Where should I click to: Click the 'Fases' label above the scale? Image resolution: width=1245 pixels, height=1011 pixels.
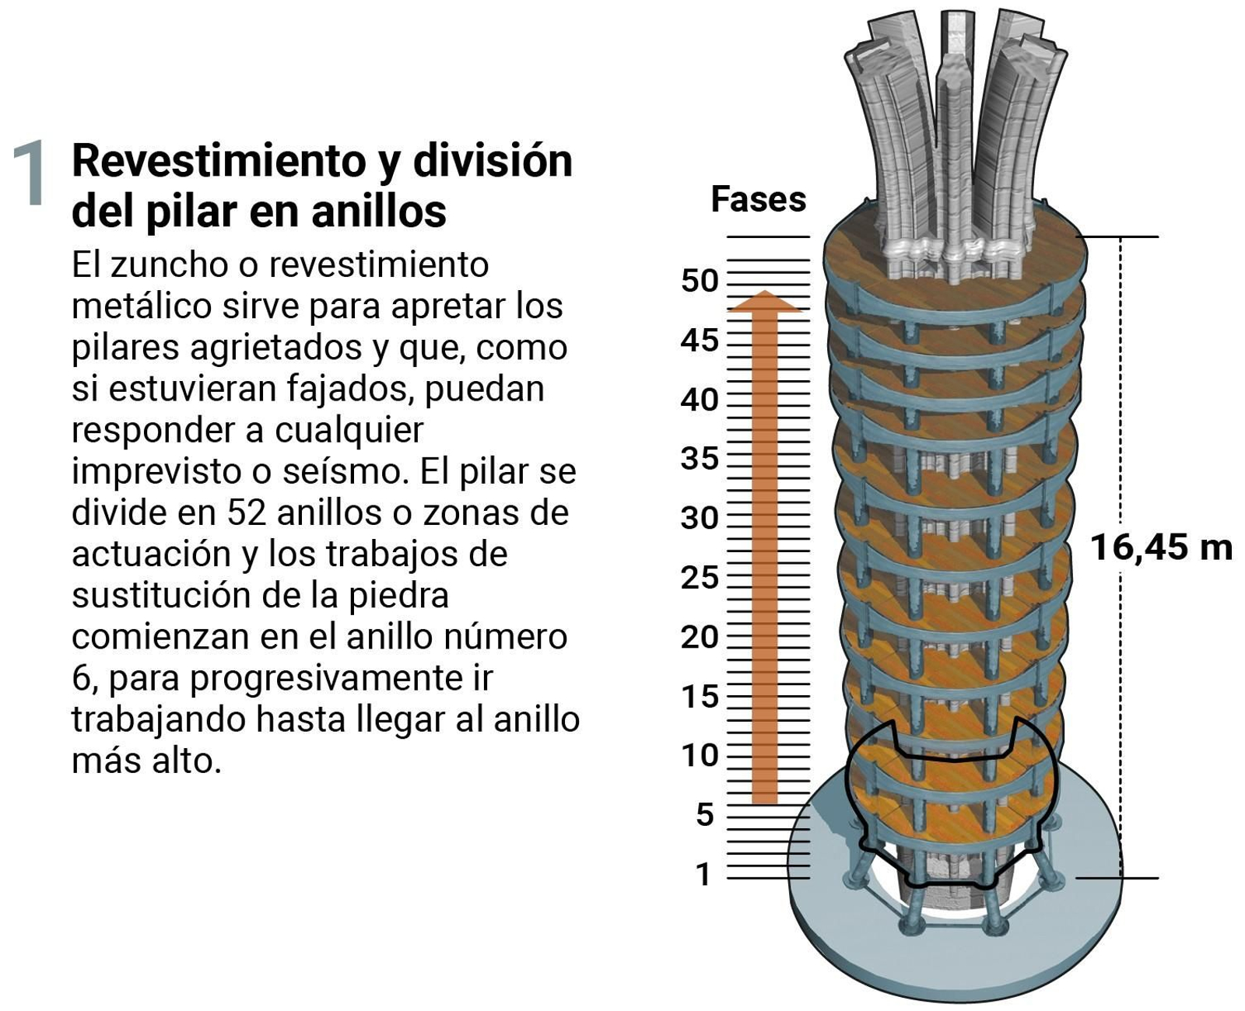758,199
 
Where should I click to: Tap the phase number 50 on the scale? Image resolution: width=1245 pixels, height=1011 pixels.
699,281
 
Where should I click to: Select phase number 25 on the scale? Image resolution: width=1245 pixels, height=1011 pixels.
699,577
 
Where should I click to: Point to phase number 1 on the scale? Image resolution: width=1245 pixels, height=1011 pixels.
703,874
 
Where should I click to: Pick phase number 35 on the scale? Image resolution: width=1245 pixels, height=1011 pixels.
699,458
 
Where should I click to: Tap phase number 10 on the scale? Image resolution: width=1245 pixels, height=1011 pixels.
699,755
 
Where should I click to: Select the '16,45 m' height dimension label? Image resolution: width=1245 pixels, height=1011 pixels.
1160,547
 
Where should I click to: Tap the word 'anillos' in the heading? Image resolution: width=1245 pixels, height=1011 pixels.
378,212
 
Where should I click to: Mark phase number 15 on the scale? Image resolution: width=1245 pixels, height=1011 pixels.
699,696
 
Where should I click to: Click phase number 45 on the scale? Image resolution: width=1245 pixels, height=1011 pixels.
699,340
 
